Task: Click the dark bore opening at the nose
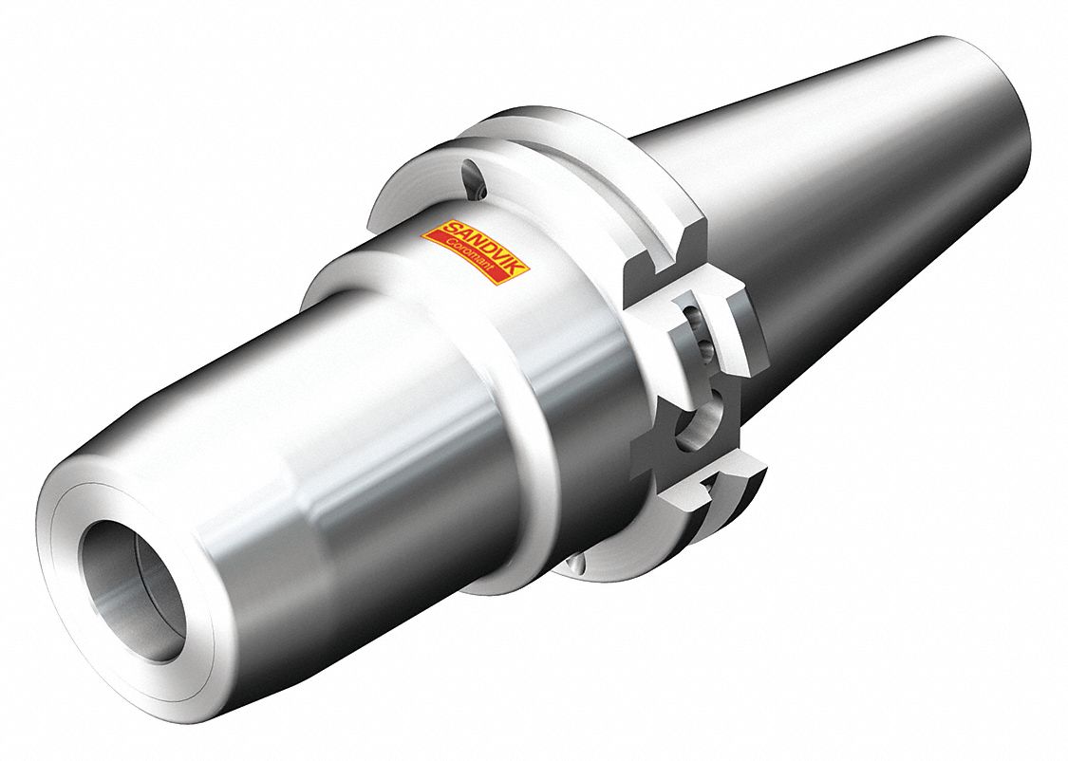tap(129, 589)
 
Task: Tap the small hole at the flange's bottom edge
tap(575, 566)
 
